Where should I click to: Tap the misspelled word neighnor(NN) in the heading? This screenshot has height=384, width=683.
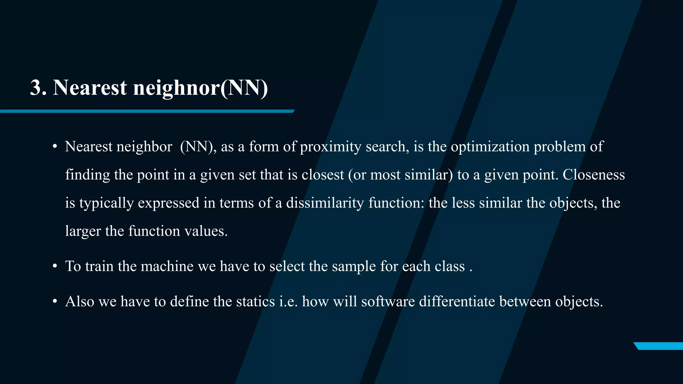(200, 88)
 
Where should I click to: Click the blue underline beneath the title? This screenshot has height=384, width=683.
(147, 111)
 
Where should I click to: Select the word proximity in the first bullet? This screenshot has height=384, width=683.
(330, 147)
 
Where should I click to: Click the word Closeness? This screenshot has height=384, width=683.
(594, 175)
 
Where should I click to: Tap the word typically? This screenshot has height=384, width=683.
(106, 203)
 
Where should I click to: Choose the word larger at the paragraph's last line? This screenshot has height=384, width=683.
(83, 231)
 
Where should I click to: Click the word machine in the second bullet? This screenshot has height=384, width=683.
(167, 266)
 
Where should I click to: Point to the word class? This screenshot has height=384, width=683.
(450, 266)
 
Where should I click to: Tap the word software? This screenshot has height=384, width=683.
(388, 302)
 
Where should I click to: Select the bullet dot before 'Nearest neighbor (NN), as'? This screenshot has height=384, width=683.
(55, 147)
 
